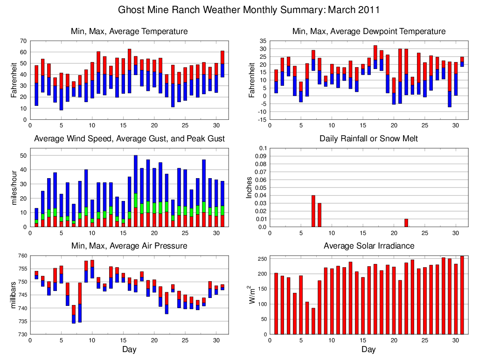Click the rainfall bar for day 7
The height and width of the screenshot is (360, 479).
click(x=313, y=211)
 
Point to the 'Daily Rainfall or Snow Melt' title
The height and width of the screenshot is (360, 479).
click(x=368, y=138)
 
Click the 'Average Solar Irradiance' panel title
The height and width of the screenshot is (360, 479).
click(x=368, y=246)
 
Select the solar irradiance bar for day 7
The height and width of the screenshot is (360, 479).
click(x=313, y=321)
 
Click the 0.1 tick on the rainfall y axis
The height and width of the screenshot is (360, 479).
click(x=262, y=148)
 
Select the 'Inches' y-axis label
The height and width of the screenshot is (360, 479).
click(x=249, y=187)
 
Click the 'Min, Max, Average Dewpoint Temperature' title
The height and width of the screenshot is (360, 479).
click(x=368, y=31)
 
